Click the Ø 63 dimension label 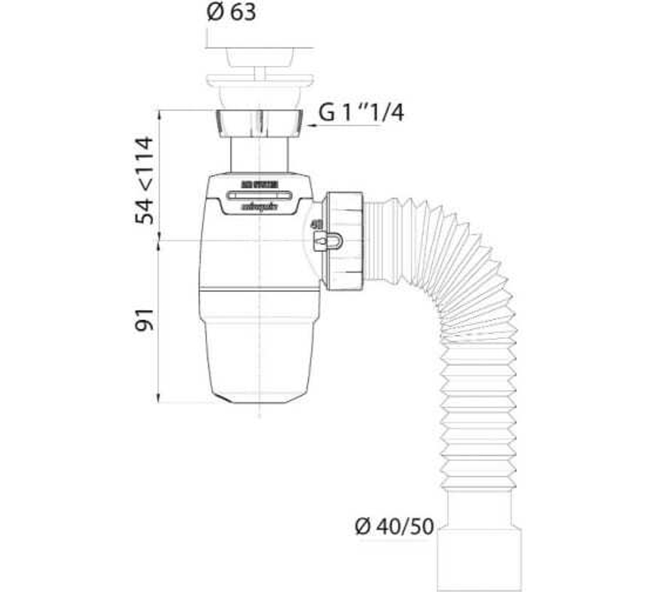231,12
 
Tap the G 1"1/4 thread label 361,113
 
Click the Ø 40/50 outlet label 394,527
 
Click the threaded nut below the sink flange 259,123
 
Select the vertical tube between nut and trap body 259,155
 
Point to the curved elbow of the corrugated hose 460,263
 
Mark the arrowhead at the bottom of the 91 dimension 158,399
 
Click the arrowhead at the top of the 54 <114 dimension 158,113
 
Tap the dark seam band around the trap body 259,289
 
